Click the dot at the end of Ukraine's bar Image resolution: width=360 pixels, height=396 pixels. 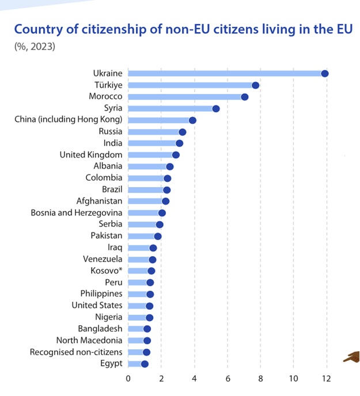(325, 73)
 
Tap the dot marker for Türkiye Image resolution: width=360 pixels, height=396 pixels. (256, 85)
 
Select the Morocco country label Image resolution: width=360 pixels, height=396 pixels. (105, 97)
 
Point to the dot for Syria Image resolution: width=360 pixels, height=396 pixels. (216, 108)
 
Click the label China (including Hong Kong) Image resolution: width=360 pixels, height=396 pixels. (69, 120)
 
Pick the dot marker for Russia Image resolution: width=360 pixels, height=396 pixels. (183, 132)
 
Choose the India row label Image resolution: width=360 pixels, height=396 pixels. (113, 143)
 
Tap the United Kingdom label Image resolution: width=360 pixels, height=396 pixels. (91, 155)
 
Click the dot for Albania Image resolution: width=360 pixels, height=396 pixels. (170, 166)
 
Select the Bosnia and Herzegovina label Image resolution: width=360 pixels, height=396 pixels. (77, 213)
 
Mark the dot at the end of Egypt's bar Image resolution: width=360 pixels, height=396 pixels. (145, 364)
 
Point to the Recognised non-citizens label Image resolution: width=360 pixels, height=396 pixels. (76, 352)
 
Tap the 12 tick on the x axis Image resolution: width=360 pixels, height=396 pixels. (327, 379)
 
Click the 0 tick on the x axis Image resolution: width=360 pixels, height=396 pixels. (128, 379)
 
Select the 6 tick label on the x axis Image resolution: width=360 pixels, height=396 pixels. (228, 379)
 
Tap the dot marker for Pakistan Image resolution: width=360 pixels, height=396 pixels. (158, 236)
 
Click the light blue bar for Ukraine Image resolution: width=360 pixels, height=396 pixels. (225, 73)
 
